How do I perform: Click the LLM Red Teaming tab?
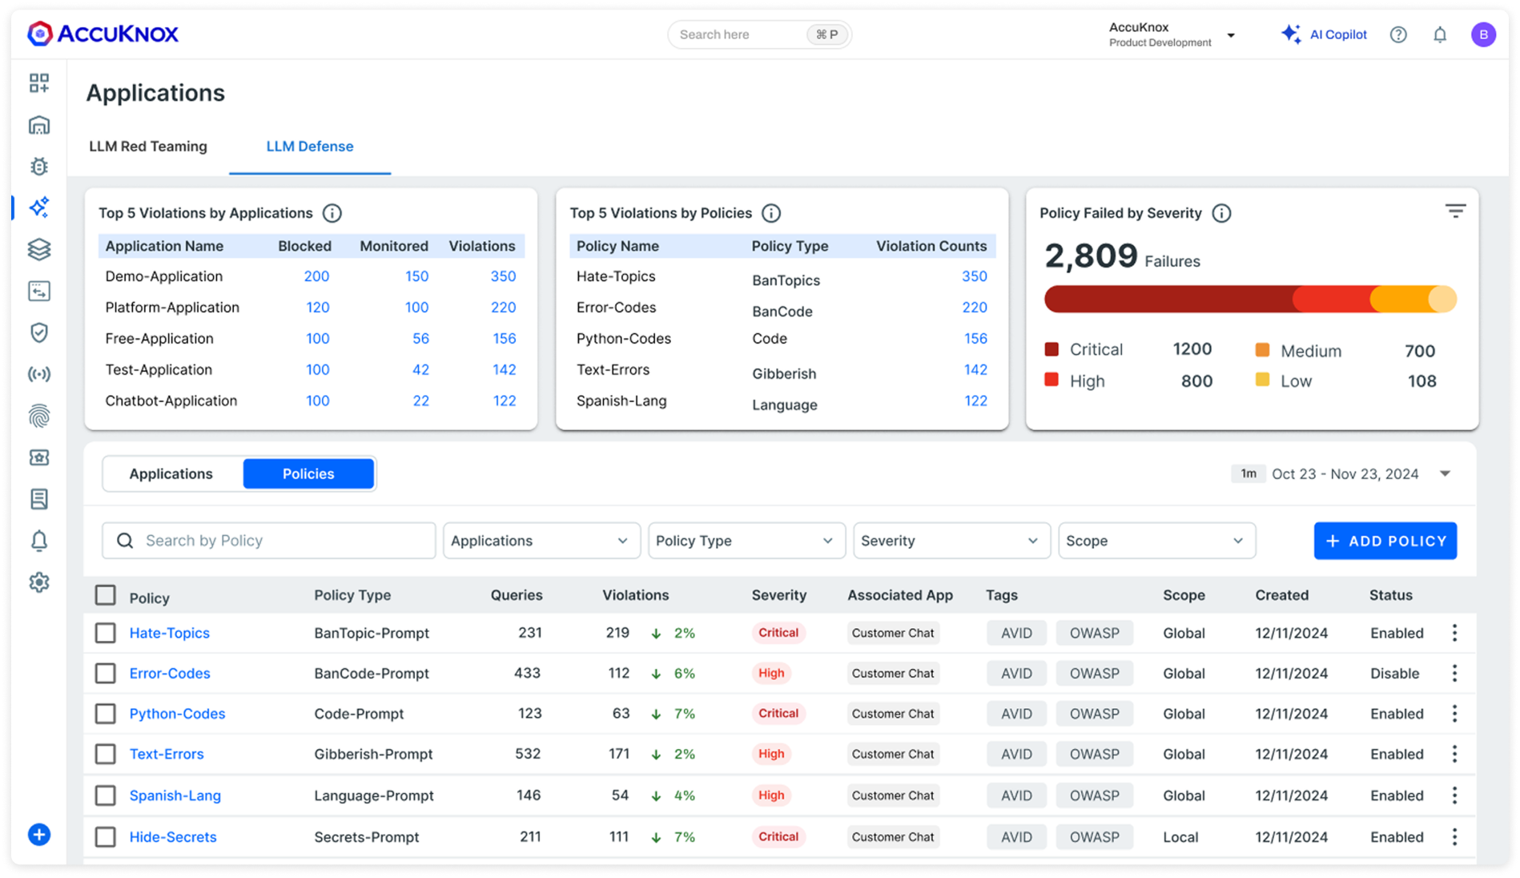coord(148,147)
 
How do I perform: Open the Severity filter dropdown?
coord(951,541)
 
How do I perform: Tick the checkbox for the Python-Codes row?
coord(106,714)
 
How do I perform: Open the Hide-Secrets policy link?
coord(173,837)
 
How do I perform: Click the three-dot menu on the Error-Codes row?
coord(1454,674)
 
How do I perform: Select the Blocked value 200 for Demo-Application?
coord(316,276)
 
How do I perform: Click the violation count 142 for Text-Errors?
coord(975,370)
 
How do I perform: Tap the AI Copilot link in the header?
coord(1325,34)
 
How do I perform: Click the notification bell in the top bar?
coord(1440,34)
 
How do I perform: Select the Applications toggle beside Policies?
coord(171,474)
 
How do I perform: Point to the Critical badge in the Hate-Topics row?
coord(778,633)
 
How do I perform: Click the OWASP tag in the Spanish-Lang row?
coord(1094,795)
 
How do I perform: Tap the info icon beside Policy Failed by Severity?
coord(1221,213)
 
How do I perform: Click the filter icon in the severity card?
coord(1455,211)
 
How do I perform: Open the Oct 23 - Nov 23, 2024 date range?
coord(1345,474)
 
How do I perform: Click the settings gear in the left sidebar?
coord(39,582)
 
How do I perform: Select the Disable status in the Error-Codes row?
coord(1394,674)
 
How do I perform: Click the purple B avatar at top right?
coord(1483,34)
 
